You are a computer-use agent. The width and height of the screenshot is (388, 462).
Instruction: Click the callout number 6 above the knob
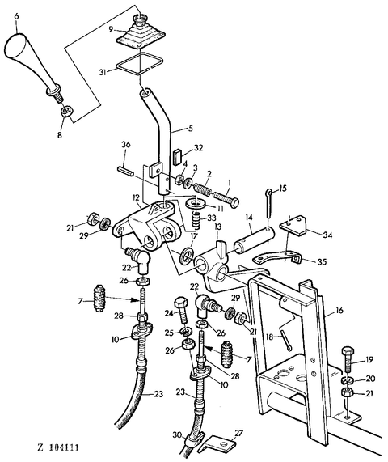pyautogui.click(x=16, y=16)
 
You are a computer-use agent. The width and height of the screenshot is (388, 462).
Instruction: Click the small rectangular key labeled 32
pyautogui.click(x=178, y=156)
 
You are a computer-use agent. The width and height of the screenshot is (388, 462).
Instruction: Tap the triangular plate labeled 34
pyautogui.click(x=293, y=225)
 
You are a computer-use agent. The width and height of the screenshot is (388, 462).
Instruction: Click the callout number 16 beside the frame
pyautogui.click(x=339, y=311)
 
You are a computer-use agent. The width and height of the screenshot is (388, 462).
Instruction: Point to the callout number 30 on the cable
pyautogui.click(x=177, y=434)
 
